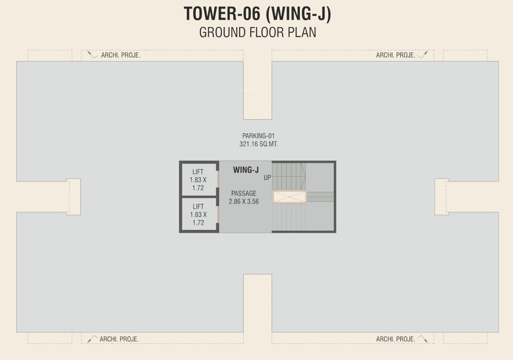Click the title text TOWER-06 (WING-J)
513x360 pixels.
pyautogui.click(x=257, y=14)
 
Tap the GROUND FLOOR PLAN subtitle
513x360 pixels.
pyautogui.click(x=257, y=32)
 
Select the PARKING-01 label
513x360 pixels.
pyautogui.click(x=258, y=136)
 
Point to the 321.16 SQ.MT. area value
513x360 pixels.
pyautogui.click(x=258, y=144)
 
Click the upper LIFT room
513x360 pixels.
pyautogui.click(x=199, y=180)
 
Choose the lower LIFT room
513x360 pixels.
pyautogui.click(x=199, y=214)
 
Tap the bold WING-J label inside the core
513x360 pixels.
pyautogui.click(x=246, y=170)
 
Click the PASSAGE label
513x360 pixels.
pyautogui.click(x=244, y=193)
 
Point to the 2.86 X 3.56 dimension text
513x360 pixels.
pyautogui.click(x=244, y=201)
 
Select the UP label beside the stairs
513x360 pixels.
pyautogui.click(x=267, y=178)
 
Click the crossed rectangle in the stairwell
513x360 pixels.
pyautogui.click(x=290, y=197)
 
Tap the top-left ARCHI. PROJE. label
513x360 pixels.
pyautogui.click(x=120, y=55)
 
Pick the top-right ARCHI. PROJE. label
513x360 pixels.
pyautogui.click(x=395, y=55)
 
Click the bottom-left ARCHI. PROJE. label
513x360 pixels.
pyautogui.click(x=119, y=339)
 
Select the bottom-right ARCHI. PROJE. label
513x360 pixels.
pyautogui.click(x=395, y=339)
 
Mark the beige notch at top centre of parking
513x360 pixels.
pyautogui.click(x=257, y=89)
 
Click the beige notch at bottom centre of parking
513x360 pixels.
pyautogui.click(x=257, y=302)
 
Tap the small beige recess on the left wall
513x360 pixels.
pyautogui.click(x=74, y=197)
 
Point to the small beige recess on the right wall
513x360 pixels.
pyautogui.click(x=441, y=197)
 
